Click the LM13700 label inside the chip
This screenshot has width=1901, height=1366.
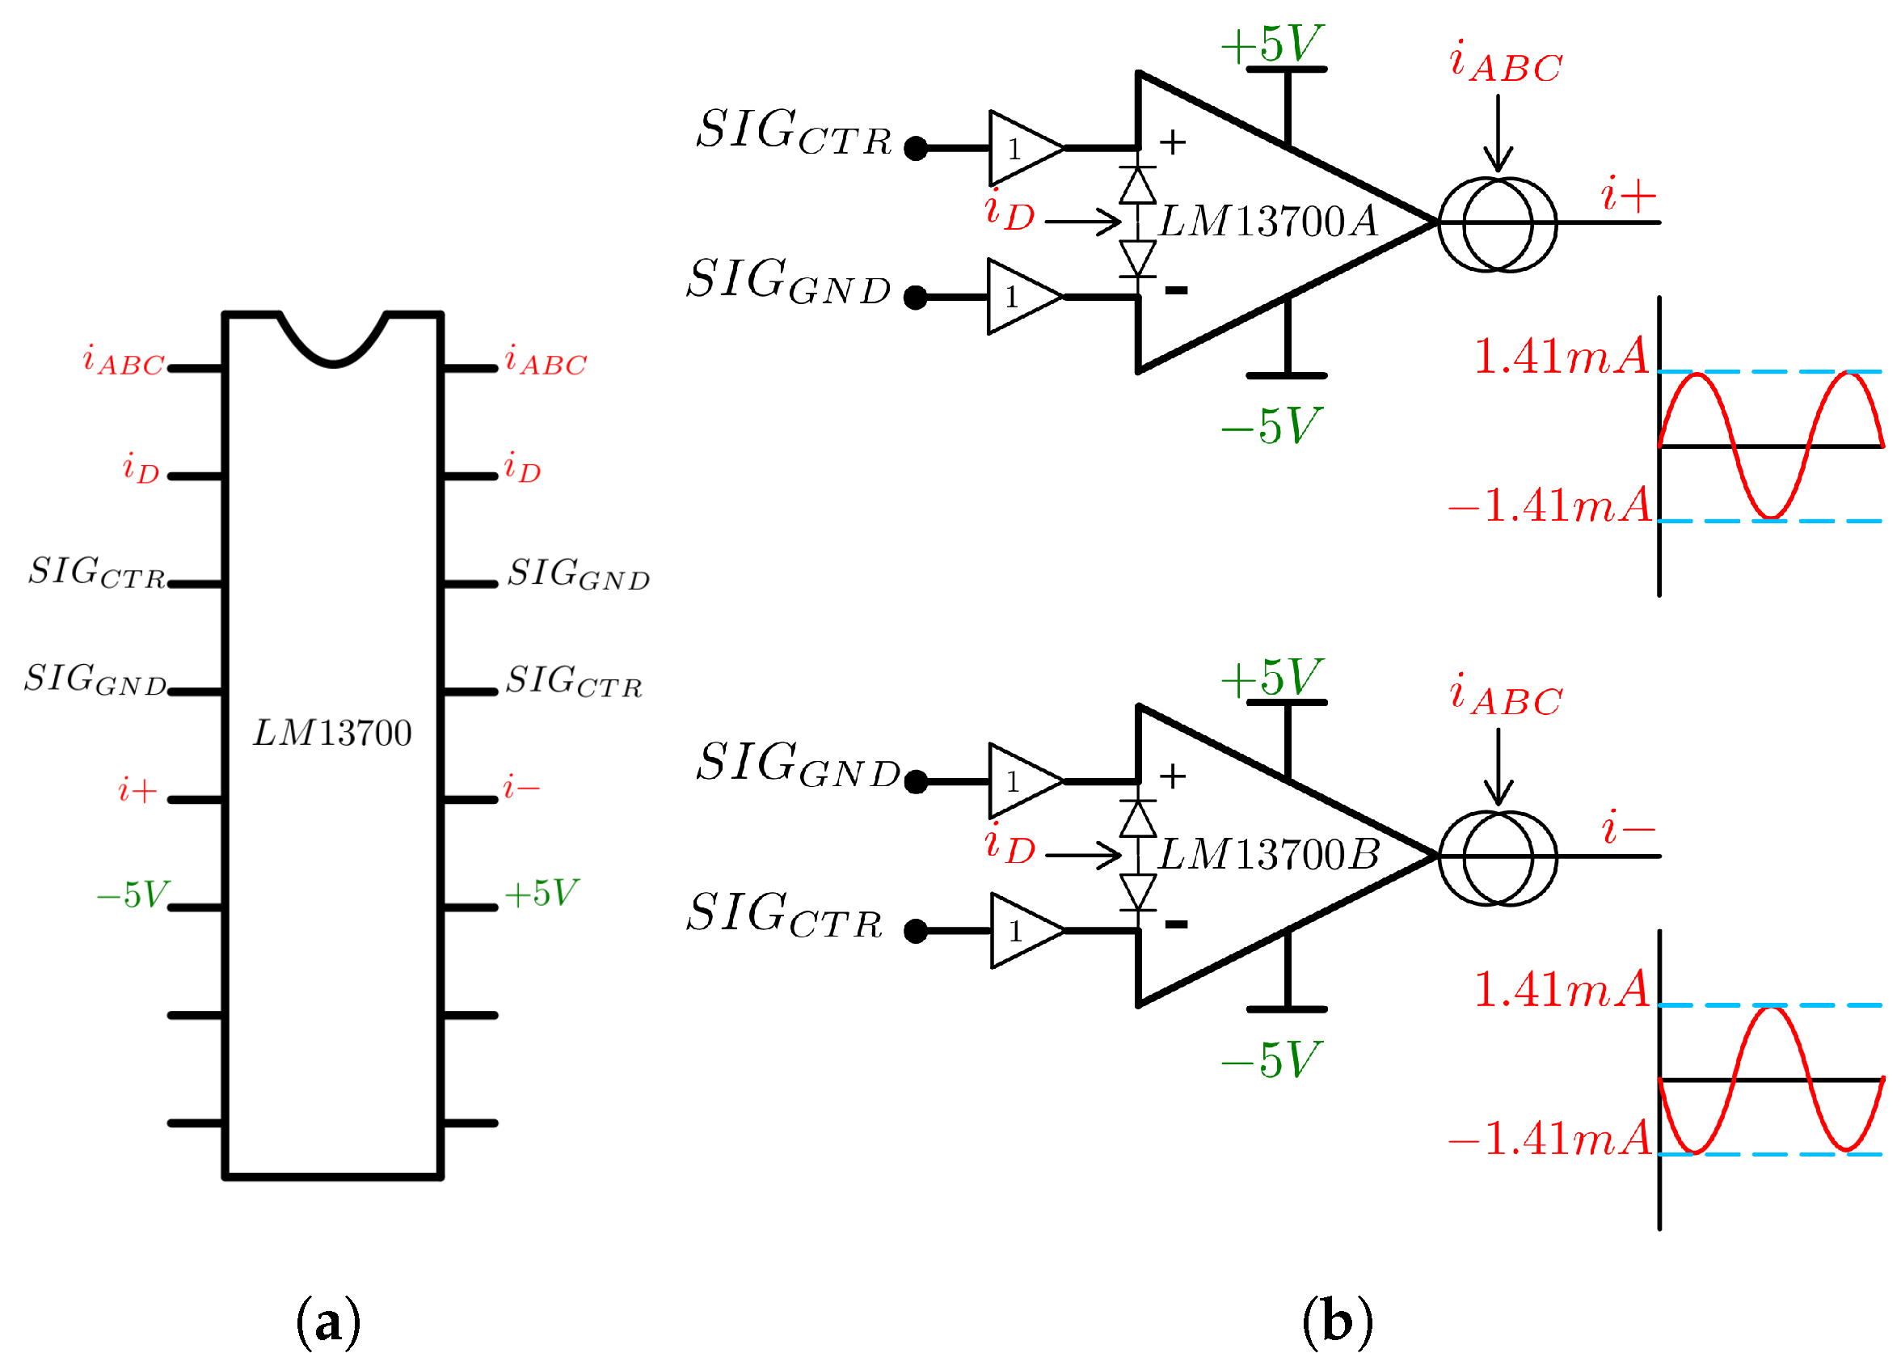333,733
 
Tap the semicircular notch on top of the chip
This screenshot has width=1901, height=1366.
333,344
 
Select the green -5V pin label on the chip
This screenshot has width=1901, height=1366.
133,894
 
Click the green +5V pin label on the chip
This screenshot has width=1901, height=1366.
542,893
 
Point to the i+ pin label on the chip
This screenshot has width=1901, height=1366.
137,790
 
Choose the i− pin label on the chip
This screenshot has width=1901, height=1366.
521,789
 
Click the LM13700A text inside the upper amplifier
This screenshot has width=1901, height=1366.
1268,222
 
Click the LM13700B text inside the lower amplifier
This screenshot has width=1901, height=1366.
1268,856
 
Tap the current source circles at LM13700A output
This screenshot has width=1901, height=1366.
1497,224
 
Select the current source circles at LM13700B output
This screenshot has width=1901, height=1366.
1497,857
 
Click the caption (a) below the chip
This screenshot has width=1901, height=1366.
329,1322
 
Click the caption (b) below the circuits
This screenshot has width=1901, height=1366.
1338,1322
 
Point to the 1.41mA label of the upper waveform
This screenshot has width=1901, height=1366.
1561,357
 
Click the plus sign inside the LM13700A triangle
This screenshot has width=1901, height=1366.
1173,142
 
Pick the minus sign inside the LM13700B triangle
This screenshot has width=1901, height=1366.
1176,924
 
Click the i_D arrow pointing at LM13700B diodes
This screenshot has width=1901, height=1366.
1082,856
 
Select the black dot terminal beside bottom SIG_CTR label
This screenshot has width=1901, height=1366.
916,931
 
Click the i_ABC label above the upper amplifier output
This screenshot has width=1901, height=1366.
1506,64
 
